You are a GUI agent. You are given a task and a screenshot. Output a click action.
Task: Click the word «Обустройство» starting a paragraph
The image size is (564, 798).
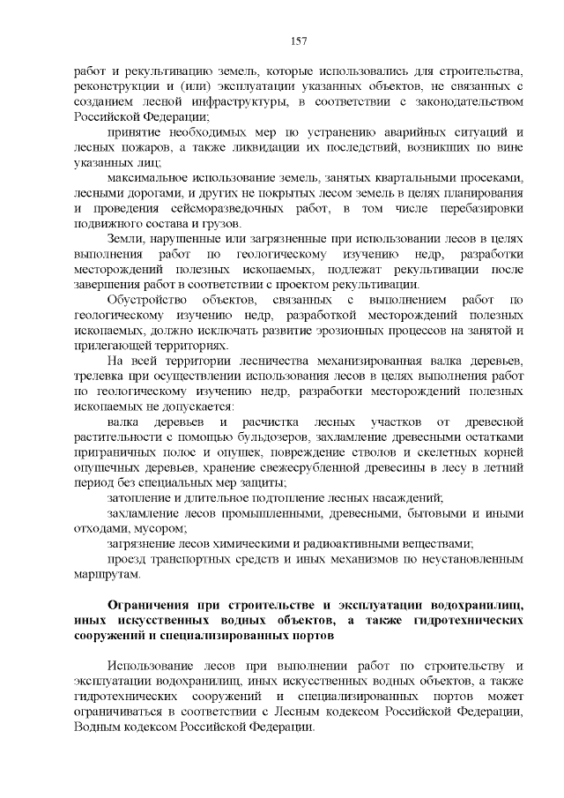click(145, 300)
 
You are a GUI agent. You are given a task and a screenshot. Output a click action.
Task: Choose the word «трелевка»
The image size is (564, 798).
click(103, 377)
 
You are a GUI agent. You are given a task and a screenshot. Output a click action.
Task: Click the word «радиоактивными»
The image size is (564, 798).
click(343, 544)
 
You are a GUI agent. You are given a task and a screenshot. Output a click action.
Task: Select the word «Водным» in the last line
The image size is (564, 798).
click(95, 726)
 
